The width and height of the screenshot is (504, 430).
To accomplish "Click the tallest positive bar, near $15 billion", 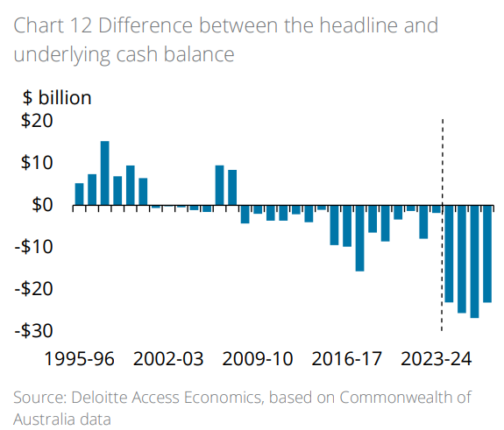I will click(105, 173).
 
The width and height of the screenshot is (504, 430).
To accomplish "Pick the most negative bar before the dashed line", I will click(359, 238).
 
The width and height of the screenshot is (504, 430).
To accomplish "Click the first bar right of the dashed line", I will click(449, 254).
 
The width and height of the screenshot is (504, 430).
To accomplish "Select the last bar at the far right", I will click(487, 254).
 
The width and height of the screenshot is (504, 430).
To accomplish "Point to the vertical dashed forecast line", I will click(441, 263).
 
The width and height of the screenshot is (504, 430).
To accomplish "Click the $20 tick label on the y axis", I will click(37, 121).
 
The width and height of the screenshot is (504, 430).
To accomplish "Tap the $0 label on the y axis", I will click(42, 205).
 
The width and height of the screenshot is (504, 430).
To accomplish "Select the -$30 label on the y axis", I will click(34, 330).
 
